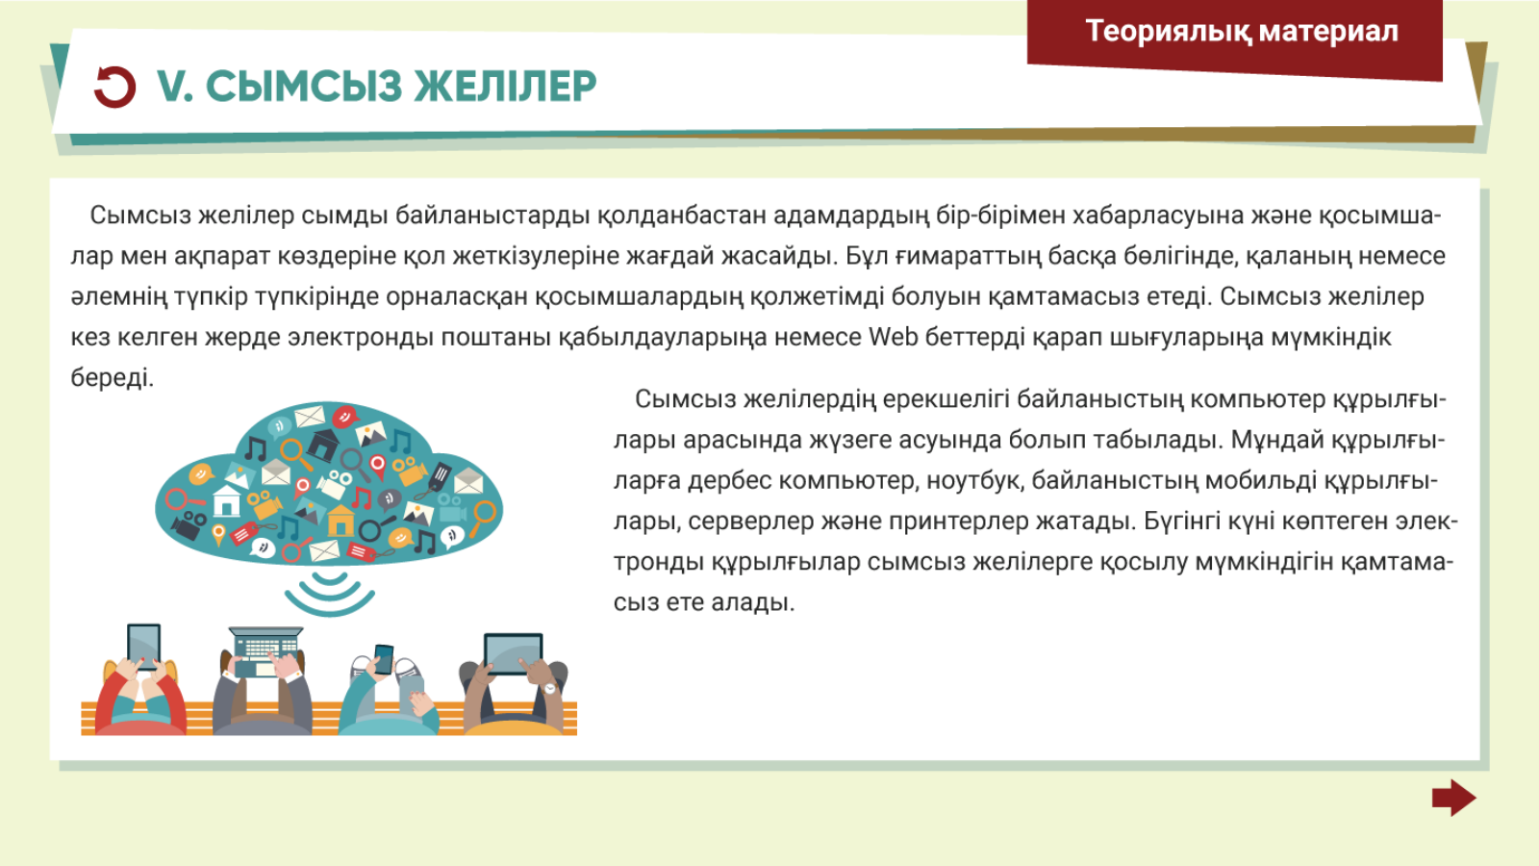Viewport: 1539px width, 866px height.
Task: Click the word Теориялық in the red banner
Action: click(1168, 32)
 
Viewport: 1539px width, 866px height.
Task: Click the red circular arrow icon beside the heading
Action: click(114, 87)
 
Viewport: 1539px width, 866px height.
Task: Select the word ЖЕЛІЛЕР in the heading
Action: click(505, 87)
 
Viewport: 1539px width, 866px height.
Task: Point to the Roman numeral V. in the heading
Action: click(174, 87)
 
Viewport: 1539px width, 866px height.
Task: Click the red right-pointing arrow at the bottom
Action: click(1453, 798)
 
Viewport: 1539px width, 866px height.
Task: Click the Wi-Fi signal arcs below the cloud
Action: click(330, 592)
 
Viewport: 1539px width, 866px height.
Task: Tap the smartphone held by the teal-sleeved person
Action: click(384, 658)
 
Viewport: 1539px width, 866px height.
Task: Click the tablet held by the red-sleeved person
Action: click(144, 644)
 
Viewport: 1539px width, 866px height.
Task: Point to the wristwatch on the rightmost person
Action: click(550, 688)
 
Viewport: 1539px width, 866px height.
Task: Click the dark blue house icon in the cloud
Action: click(322, 445)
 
